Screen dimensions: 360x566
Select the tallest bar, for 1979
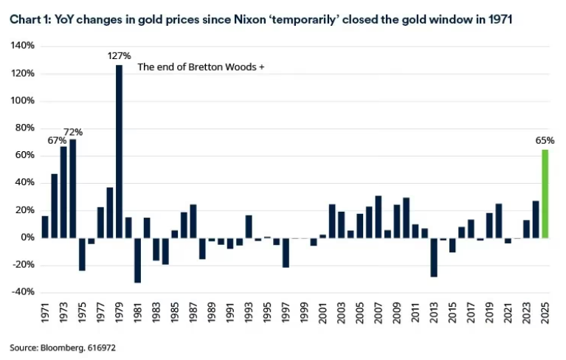(119, 151)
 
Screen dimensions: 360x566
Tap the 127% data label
(120, 56)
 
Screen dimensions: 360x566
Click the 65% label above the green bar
(545, 140)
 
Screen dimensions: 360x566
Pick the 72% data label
(73, 132)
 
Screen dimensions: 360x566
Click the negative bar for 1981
(137, 260)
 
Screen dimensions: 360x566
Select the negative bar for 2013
(434, 257)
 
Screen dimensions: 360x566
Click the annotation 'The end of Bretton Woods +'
(201, 68)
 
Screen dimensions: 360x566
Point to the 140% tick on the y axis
(22, 46)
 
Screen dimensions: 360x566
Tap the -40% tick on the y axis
(22, 292)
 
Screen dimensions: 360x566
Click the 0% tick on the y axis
(27, 238)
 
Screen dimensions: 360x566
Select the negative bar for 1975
(82, 254)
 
